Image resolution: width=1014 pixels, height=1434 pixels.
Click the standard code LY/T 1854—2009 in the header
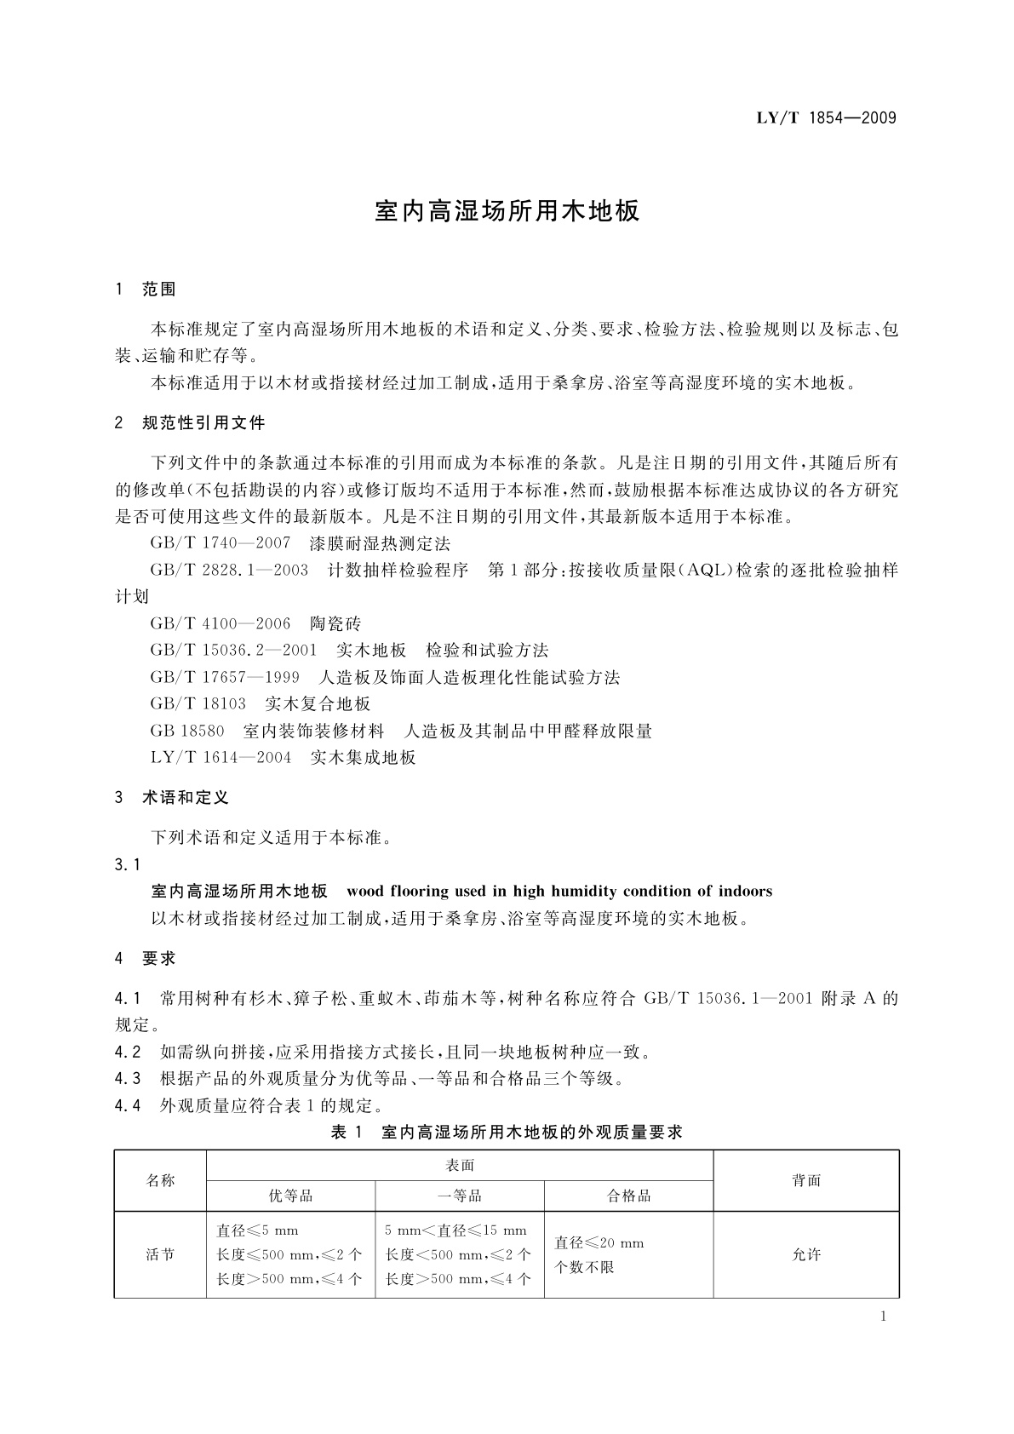826,118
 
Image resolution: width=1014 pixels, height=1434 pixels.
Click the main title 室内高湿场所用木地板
507,212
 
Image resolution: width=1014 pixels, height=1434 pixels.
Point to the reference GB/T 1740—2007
221,543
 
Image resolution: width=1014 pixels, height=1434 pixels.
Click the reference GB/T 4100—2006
221,624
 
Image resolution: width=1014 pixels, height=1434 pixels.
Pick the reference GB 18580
187,731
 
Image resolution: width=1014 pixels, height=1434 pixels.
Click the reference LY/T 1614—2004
221,758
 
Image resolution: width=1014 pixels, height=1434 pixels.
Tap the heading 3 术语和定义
172,799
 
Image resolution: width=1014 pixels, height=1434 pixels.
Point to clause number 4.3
127,1079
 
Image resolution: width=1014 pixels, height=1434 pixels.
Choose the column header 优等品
290,1196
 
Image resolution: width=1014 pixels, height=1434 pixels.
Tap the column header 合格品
628,1196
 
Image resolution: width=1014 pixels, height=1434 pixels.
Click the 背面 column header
806,1181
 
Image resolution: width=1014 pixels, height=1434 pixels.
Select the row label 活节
160,1255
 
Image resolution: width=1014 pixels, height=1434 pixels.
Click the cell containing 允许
806,1255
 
